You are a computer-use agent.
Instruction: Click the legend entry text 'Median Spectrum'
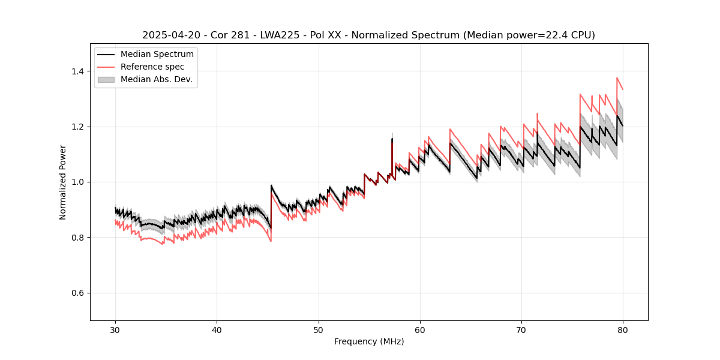(157, 55)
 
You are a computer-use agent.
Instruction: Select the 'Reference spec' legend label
(152, 67)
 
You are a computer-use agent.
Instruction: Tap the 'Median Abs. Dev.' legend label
(156, 79)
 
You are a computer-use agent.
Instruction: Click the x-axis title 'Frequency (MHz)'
(369, 341)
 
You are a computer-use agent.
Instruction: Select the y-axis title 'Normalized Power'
(63, 182)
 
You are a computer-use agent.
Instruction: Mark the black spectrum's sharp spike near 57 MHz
(392, 139)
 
